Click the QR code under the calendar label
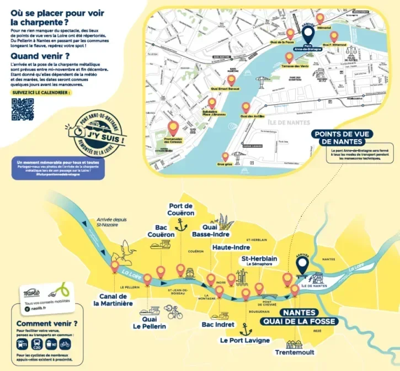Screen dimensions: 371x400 click(x=23, y=109)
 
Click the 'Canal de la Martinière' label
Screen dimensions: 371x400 click(x=113, y=298)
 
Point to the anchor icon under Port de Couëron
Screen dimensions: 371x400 click(x=178, y=225)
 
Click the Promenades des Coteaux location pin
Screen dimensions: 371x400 click(x=173, y=129)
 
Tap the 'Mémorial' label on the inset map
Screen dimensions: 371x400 click(x=323, y=27)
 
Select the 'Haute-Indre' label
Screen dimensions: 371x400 click(x=232, y=248)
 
